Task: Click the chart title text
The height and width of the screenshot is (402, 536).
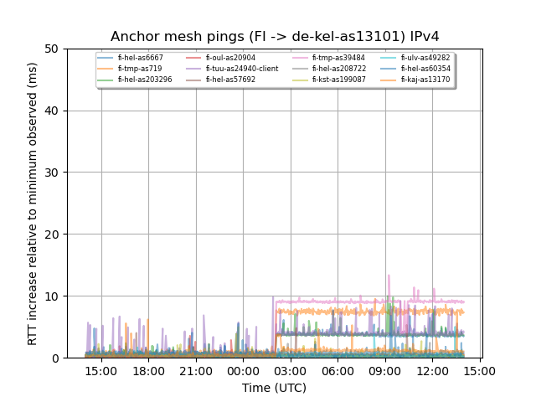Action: (x=275, y=37)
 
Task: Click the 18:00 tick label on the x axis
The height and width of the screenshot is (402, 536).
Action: (x=148, y=370)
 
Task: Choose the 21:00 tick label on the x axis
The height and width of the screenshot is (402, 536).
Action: (x=196, y=370)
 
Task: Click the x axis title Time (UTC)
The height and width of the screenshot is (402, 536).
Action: (x=275, y=388)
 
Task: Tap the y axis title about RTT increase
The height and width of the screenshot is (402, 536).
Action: (x=33, y=204)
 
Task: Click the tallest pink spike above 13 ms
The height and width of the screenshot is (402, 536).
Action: (x=389, y=276)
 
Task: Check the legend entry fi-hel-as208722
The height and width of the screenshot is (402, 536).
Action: (x=339, y=69)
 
